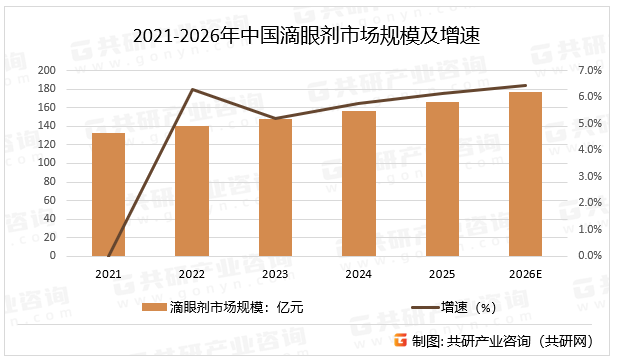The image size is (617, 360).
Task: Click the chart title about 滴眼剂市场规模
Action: tap(307, 38)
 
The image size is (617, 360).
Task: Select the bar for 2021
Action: tap(109, 194)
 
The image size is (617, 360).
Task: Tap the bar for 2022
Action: tap(192, 191)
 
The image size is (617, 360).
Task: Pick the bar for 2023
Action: tap(275, 187)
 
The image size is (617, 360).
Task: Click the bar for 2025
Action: tap(442, 179)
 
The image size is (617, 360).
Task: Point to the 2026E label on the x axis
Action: tap(525, 272)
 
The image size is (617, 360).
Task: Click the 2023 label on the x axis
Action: tap(275, 272)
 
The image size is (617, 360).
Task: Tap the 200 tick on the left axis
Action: tap(47, 71)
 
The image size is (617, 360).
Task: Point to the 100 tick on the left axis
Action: tap(47, 163)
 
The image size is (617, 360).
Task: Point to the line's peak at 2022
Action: tap(192, 90)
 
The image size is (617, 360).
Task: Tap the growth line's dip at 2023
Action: tap(275, 118)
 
